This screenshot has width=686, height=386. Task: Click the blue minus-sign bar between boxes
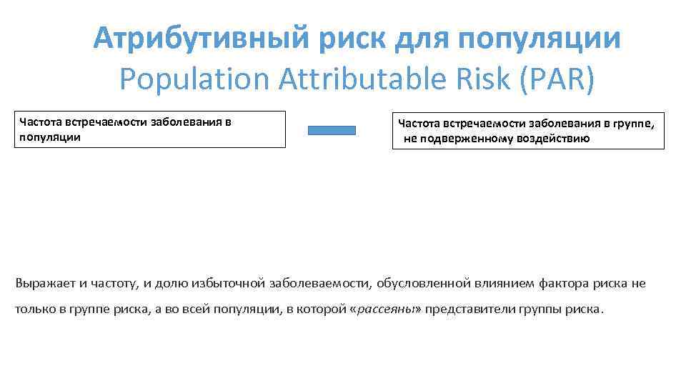click(332, 130)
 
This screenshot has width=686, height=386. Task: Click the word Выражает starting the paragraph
click(45, 283)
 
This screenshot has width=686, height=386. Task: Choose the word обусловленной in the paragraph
click(423, 283)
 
